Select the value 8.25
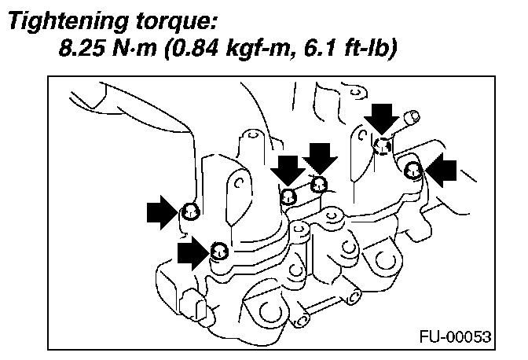tap(84, 49)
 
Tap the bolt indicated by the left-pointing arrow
tap(414, 169)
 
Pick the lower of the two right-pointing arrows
tap(194, 252)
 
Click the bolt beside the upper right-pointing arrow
tap(189, 211)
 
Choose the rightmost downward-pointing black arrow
tap(383, 116)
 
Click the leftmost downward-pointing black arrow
tap(288, 171)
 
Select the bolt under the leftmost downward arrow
tap(288, 197)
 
